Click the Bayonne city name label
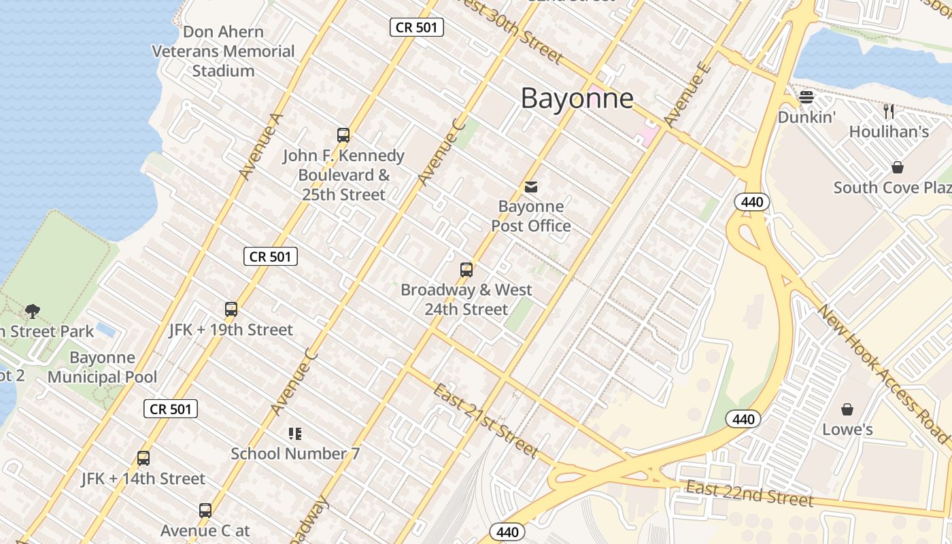click(x=577, y=99)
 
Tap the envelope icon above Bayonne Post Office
click(x=530, y=186)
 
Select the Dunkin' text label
click(x=806, y=117)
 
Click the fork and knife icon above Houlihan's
click(x=889, y=112)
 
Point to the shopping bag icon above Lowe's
click(x=847, y=409)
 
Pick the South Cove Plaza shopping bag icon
click(x=898, y=167)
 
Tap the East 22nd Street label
click(x=749, y=493)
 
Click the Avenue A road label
click(x=260, y=146)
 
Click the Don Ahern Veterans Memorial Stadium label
click(x=223, y=51)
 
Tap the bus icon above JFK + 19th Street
click(x=231, y=309)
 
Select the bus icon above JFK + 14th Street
click(x=143, y=458)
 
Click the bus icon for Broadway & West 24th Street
click(x=466, y=270)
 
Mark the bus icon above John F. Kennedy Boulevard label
click(x=343, y=135)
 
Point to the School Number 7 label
click(x=295, y=454)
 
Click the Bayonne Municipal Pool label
click(x=102, y=367)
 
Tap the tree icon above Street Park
click(x=32, y=311)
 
